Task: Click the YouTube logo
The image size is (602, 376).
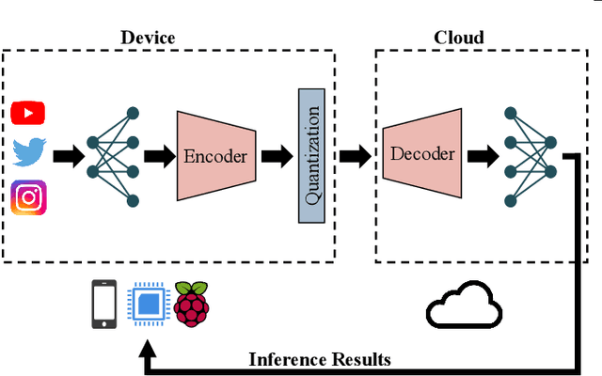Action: pyautogui.click(x=29, y=113)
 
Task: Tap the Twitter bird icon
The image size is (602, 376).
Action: pyautogui.click(x=29, y=153)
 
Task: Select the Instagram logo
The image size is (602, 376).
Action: pyautogui.click(x=29, y=197)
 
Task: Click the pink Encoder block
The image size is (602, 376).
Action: pyautogui.click(x=215, y=155)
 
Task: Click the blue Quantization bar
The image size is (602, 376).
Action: pyautogui.click(x=310, y=155)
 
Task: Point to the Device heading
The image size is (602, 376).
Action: pyautogui.click(x=148, y=38)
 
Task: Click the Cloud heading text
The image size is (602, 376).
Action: pyautogui.click(x=458, y=38)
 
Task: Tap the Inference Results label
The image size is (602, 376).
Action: pyautogui.click(x=319, y=358)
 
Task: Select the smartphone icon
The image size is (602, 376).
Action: pyautogui.click(x=103, y=305)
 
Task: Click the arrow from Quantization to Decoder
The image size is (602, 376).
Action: pyautogui.click(x=354, y=155)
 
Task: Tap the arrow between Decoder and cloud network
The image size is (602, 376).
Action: pyautogui.click(x=483, y=155)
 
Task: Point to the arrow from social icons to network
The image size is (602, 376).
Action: pyautogui.click(x=67, y=155)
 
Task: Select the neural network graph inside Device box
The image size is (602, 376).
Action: pyautogui.click(x=113, y=155)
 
